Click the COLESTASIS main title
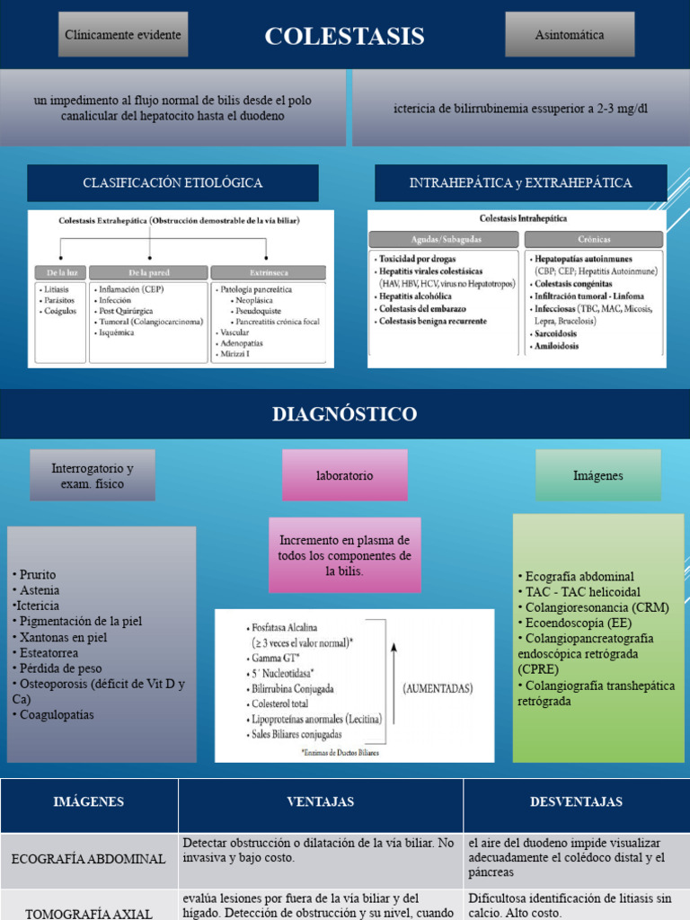[x=344, y=37]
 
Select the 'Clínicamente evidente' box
[x=123, y=35]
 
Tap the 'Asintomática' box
[x=570, y=35]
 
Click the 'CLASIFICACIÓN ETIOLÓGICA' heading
[x=172, y=183]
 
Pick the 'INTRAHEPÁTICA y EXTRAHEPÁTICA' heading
[x=520, y=183]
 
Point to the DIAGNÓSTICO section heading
[x=344, y=414]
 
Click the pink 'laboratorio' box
[x=344, y=475]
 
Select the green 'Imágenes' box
[x=597, y=475]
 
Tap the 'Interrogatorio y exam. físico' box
[x=93, y=476]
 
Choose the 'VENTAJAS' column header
[x=320, y=801]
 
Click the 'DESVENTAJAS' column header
[x=576, y=801]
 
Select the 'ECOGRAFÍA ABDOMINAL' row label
[x=88, y=859]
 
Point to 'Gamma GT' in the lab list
[x=278, y=659]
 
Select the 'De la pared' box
[x=148, y=271]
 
